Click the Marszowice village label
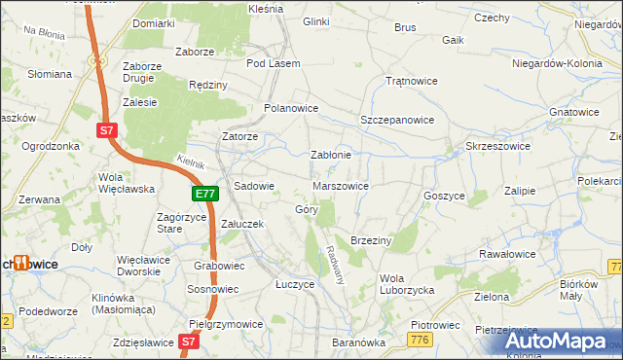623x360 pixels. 341,185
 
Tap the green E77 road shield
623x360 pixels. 203,195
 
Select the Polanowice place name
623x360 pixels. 291,108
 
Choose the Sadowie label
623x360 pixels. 255,185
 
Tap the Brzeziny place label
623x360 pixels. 370,239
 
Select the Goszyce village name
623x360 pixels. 444,196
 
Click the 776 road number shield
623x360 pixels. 421,338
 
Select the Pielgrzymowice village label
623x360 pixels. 227,324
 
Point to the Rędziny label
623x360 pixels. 208,85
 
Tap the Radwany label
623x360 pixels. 337,263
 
